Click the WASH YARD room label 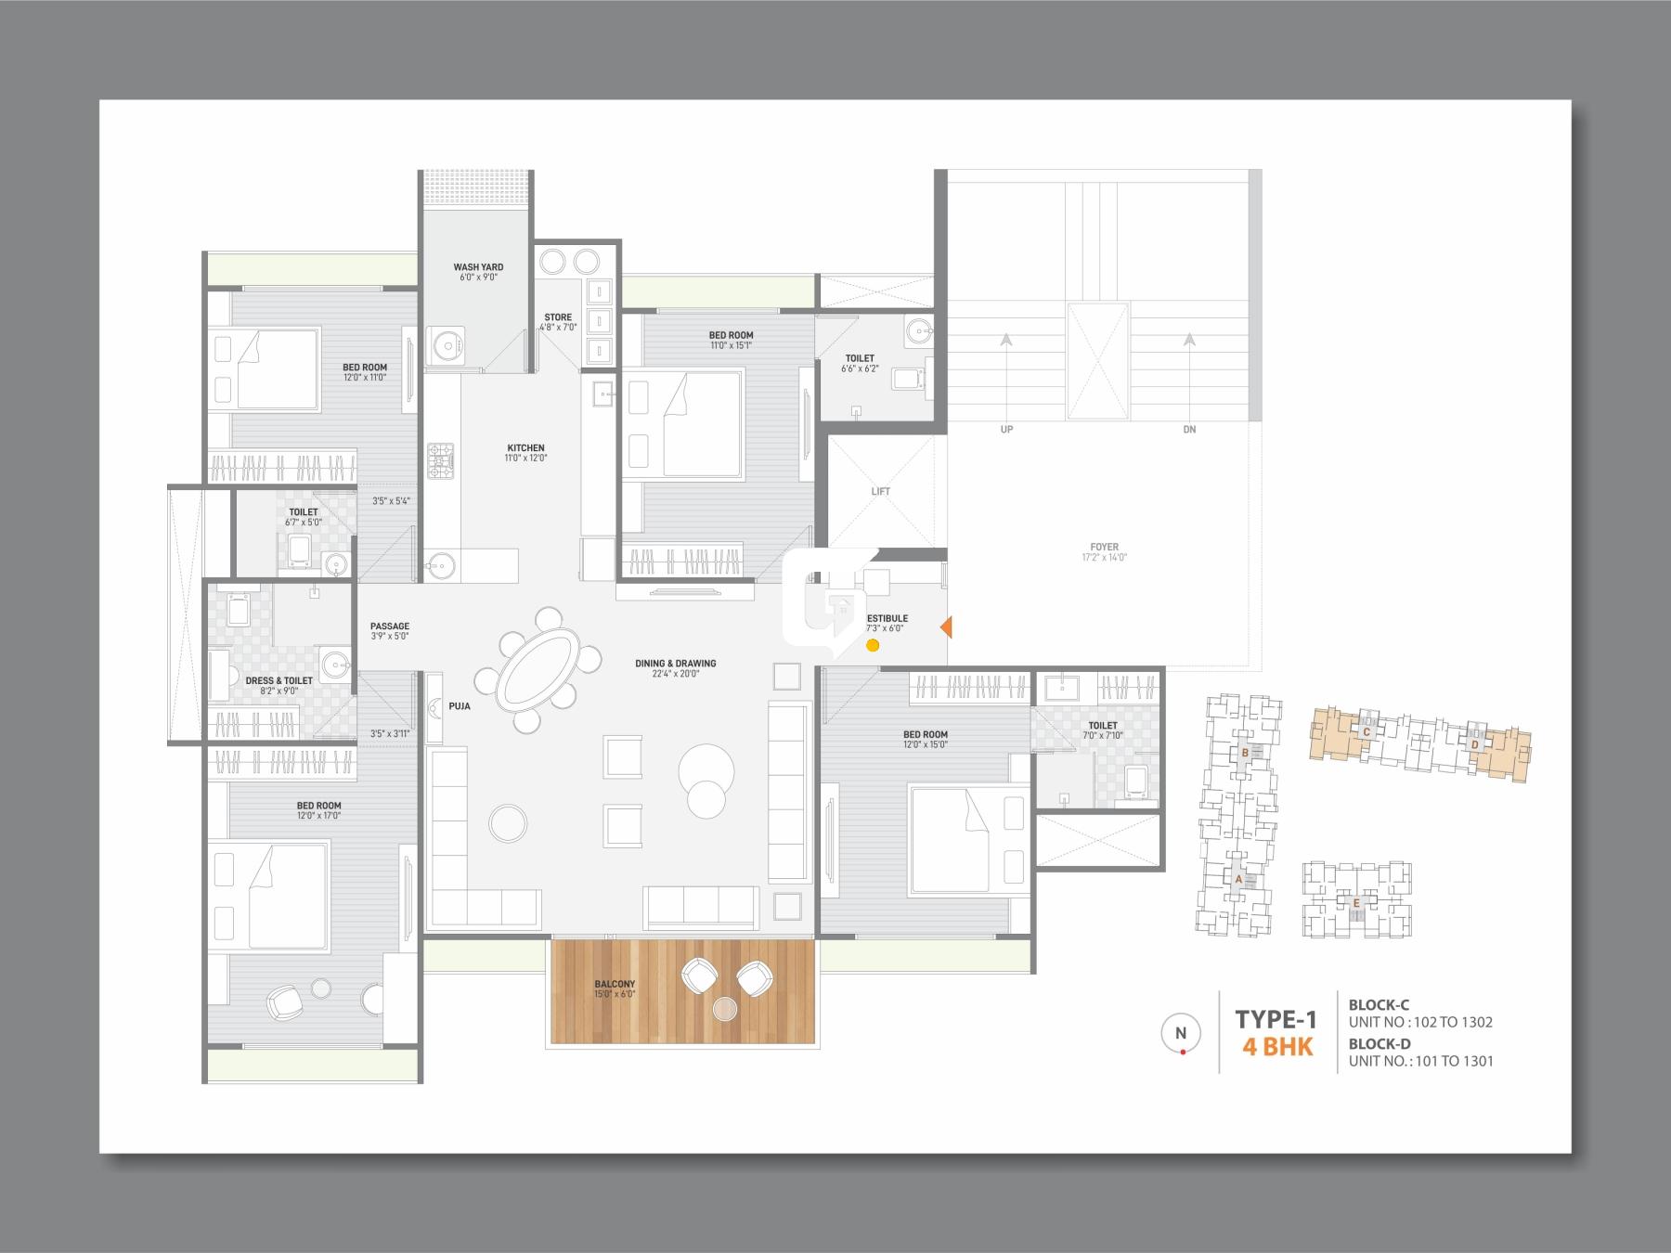[478, 267]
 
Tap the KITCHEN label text [525, 448]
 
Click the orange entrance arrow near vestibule [946, 627]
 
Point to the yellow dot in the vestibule [872, 645]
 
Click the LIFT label [880, 491]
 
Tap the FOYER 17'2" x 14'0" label [1104, 552]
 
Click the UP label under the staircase [1006, 430]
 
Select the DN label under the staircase [1189, 430]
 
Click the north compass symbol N [1181, 1033]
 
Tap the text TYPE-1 [1276, 1019]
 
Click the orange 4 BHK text [1277, 1047]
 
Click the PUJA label [459, 706]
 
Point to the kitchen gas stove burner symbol [440, 461]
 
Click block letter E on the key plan [1356, 902]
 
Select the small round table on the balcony [725, 1008]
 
